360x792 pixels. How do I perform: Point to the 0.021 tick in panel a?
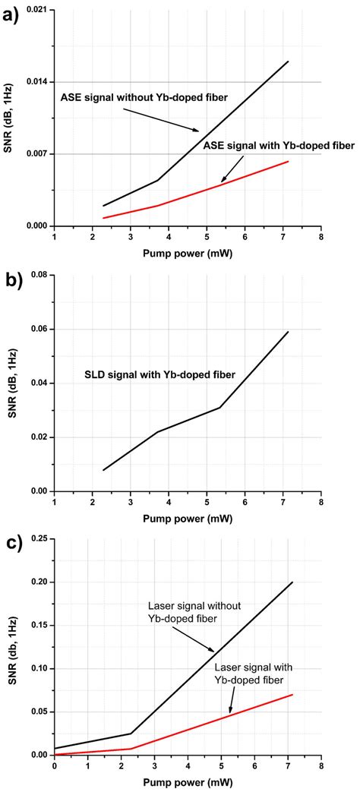coord(36,10)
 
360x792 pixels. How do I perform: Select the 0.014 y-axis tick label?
coord(36,82)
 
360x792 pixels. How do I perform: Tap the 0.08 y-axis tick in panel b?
coord(39,275)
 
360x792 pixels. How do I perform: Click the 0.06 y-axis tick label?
coord(39,329)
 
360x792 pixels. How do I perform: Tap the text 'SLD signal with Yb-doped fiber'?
coord(159,374)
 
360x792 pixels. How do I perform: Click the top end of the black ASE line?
coord(289,62)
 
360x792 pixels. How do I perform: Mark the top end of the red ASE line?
coord(289,161)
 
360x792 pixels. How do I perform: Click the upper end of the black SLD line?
coord(289,332)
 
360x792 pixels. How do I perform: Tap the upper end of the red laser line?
coord(292,694)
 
